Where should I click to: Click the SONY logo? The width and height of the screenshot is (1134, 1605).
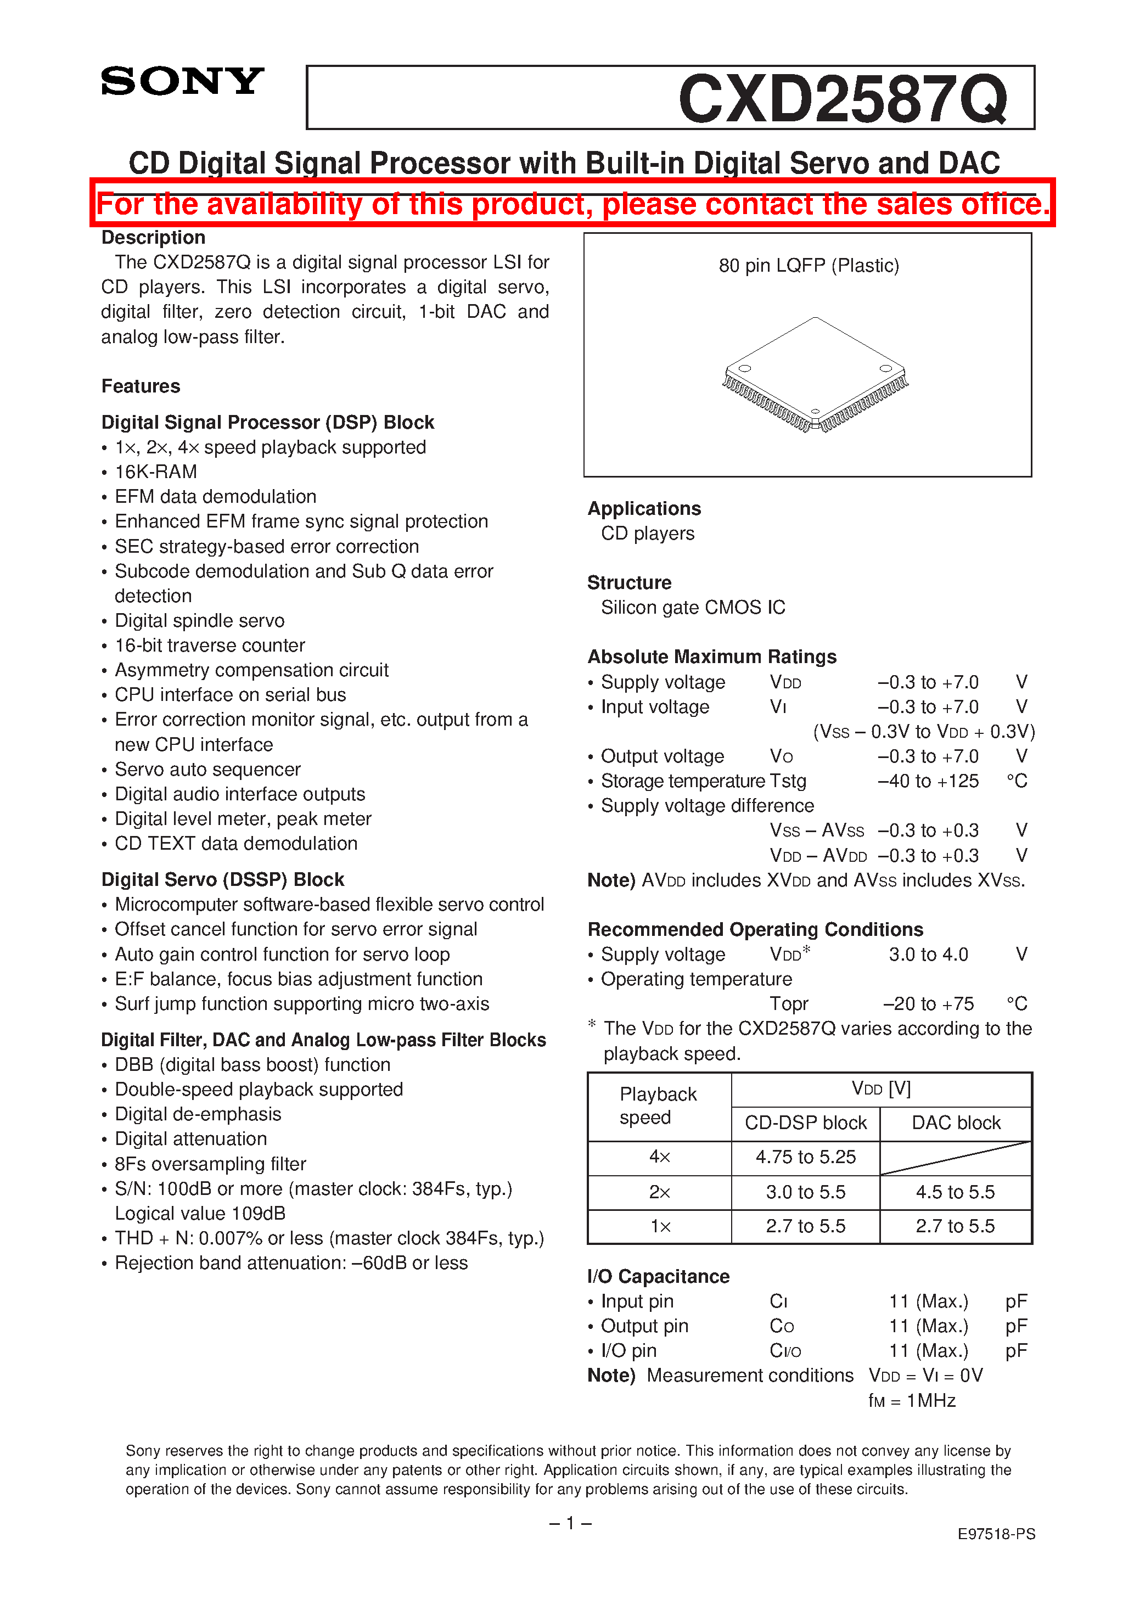182,81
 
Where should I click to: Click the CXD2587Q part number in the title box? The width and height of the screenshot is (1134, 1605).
843,99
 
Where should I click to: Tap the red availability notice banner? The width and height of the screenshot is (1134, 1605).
572,204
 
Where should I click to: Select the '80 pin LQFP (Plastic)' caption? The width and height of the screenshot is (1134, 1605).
808,266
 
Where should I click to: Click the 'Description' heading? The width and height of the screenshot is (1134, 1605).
153,238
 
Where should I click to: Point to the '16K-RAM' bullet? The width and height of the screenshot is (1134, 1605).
155,472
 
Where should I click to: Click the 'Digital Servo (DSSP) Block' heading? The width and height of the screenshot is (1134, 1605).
222,879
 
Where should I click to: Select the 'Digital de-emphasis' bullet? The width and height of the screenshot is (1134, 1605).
197,1114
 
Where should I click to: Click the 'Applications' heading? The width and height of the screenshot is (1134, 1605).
644,508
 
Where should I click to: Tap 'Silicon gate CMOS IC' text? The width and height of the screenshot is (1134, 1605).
692,608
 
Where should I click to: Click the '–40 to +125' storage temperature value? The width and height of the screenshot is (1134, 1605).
928,781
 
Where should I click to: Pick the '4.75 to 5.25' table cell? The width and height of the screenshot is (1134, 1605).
805,1157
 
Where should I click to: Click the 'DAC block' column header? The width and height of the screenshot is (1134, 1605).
956,1123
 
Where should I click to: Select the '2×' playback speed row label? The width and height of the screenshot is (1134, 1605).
659,1192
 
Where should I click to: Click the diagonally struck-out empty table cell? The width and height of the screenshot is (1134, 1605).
956,1158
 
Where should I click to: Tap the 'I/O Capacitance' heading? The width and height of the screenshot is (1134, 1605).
658,1276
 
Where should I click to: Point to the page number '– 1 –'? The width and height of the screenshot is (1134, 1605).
570,1523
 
